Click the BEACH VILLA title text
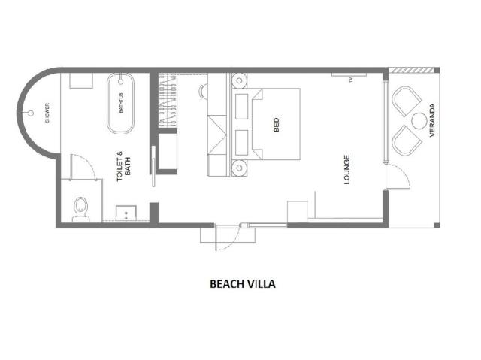pyautogui.click(x=242, y=283)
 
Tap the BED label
pyautogui.click(x=276, y=125)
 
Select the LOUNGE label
pyautogui.click(x=347, y=170)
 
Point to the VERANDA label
pyautogui.click(x=432, y=120)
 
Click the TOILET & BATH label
pyautogui.click(x=123, y=166)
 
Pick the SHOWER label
pyautogui.click(x=47, y=113)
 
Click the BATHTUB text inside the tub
pyautogui.click(x=121, y=103)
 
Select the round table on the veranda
pyautogui.click(x=419, y=121)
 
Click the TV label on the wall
pyautogui.click(x=351, y=80)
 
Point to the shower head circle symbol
pyautogui.click(x=31, y=113)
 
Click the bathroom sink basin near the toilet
pyautogui.click(x=126, y=213)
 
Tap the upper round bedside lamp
pyautogui.click(x=239, y=80)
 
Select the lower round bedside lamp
pyautogui.click(x=239, y=168)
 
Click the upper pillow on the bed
pyautogui.click(x=242, y=107)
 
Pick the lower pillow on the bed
pyautogui.click(x=242, y=143)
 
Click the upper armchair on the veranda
pyautogui.click(x=407, y=101)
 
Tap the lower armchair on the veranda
pyautogui.click(x=407, y=141)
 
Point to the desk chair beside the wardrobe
pyautogui.click(x=203, y=91)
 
